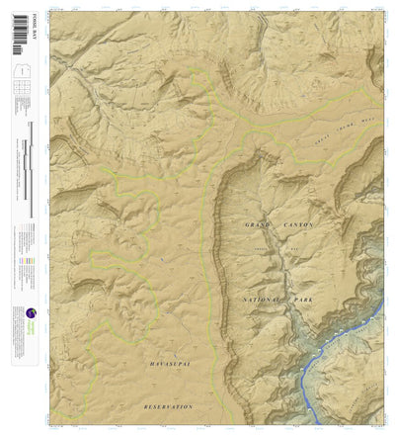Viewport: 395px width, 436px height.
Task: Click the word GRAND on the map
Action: coord(257,225)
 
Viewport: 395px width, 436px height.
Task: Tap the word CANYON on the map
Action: coord(298,225)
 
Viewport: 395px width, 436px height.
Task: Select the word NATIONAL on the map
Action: coord(262,298)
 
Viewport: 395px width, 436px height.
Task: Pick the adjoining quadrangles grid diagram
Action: coord(21,92)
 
